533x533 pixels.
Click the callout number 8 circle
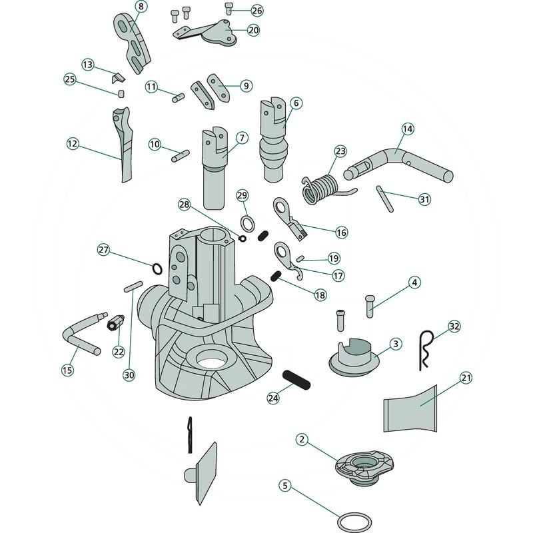[140, 6]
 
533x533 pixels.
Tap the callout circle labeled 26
[257, 11]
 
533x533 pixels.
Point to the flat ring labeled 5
[354, 520]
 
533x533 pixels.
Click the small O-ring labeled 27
[157, 268]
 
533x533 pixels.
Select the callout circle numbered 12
[73, 143]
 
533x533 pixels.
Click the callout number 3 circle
[395, 344]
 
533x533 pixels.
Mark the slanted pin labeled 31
[384, 199]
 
